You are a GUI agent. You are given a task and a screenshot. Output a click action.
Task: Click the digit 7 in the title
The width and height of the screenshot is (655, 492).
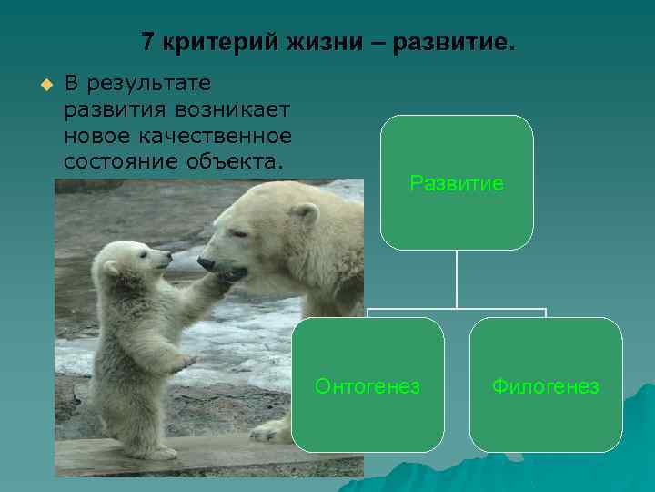pyautogui.click(x=148, y=43)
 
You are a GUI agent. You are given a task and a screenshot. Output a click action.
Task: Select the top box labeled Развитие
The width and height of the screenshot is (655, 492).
pyautogui.click(x=456, y=182)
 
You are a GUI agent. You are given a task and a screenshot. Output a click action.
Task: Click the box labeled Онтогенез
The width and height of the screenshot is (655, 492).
pyautogui.click(x=368, y=385)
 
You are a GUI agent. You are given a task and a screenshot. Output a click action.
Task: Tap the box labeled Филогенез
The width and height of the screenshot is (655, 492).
pyautogui.click(x=546, y=385)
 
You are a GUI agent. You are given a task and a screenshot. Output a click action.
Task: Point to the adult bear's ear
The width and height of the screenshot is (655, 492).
pyautogui.click(x=305, y=215)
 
